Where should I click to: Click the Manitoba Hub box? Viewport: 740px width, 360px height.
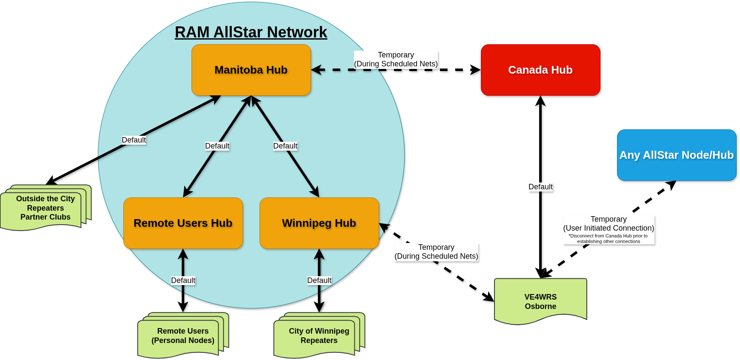pyautogui.click(x=251, y=70)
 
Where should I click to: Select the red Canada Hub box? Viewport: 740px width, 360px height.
pyautogui.click(x=540, y=70)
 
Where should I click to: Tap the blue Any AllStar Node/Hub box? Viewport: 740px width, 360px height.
pyautogui.click(x=677, y=155)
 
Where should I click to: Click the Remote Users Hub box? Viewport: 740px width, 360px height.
pyautogui.click(x=183, y=223)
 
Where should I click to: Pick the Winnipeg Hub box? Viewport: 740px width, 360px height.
pyautogui.click(x=319, y=223)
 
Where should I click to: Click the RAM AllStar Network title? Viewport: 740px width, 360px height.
pyautogui.click(x=251, y=32)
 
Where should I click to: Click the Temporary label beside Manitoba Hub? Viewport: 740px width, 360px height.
pyautogui.click(x=396, y=59)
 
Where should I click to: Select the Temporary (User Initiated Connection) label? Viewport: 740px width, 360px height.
pyautogui.click(x=609, y=224)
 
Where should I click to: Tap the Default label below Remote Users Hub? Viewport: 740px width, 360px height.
pyautogui.click(x=183, y=280)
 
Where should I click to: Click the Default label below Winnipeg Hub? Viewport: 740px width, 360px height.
pyautogui.click(x=319, y=280)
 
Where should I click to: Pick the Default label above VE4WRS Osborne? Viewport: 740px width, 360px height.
pyautogui.click(x=540, y=187)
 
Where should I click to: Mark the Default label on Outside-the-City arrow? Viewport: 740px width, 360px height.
pyautogui.click(x=134, y=140)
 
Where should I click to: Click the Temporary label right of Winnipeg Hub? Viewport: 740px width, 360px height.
pyautogui.click(x=436, y=251)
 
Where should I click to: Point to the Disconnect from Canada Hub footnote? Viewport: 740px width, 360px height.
pyautogui.click(x=608, y=239)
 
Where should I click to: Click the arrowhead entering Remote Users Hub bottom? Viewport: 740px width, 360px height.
pyautogui.click(x=183, y=254)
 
